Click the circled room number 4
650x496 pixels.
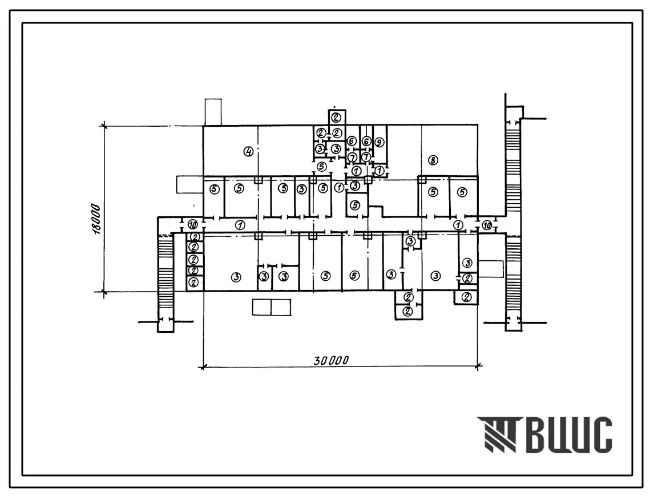pos(248,152)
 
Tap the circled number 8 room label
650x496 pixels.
pos(433,160)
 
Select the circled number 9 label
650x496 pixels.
pos(379,142)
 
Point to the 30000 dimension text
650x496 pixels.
pos(331,360)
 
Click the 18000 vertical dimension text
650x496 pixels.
pos(96,219)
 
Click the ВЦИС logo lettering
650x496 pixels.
pos(570,434)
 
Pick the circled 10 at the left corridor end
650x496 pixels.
pos(192,225)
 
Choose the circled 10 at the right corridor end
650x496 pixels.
pos(487,225)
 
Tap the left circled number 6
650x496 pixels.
pos(352,142)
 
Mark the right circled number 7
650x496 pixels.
pos(366,157)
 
